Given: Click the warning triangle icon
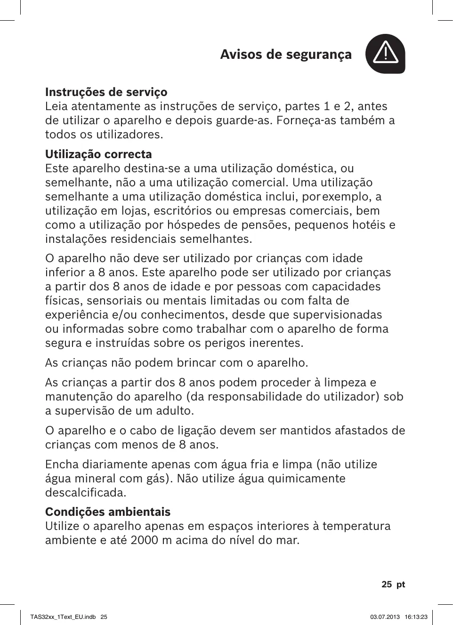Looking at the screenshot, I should pos(385,54).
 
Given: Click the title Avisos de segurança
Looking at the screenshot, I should pos(286,55).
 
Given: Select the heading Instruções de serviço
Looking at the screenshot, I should pos(106,92).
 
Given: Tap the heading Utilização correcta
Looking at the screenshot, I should pos(98,154).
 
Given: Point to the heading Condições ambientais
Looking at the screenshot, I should pos(108,512).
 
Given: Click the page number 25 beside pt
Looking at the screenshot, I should pos(387,584).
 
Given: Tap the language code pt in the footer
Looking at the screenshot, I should pos(401,584).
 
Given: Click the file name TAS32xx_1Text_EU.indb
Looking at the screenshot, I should pos(63,617).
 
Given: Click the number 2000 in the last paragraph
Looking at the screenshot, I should pos(145,540).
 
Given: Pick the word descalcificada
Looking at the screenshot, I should pos(86,493).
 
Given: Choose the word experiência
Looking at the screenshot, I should pos(74,315).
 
